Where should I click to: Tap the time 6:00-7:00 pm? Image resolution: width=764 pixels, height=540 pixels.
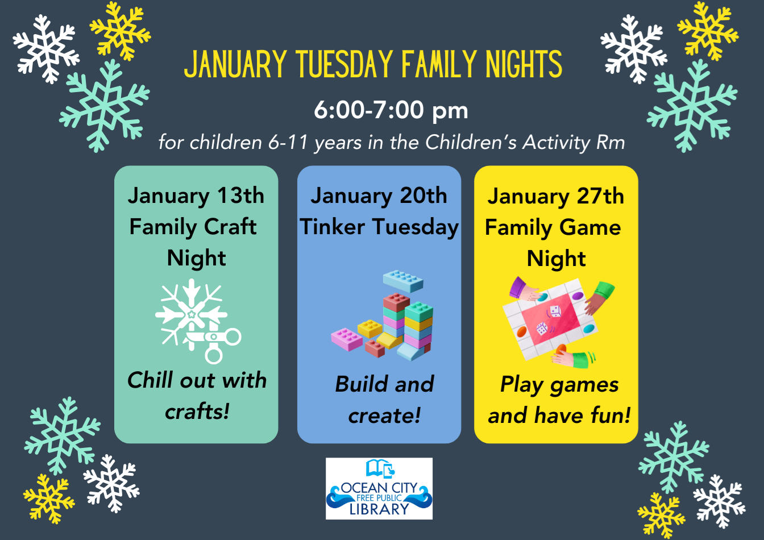391,110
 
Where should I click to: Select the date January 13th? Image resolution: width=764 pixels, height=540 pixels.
196,196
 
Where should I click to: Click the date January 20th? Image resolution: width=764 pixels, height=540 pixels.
379,196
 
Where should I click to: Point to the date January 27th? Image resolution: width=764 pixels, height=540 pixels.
555,197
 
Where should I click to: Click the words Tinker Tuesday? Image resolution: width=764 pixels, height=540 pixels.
379,227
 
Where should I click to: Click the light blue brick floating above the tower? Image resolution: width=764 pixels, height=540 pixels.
403,281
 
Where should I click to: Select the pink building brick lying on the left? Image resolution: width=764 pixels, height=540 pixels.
347,339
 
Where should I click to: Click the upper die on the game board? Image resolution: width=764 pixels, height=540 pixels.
554,311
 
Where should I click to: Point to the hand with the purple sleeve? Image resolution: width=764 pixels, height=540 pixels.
524,289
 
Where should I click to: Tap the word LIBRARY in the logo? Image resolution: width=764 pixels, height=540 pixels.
379,509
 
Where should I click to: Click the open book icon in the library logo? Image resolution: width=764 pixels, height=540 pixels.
377,468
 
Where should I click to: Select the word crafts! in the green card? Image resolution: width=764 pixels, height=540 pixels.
197,412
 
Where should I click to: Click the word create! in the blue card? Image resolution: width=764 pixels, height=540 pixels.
384,416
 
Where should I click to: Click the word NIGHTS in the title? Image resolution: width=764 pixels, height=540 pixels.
524,64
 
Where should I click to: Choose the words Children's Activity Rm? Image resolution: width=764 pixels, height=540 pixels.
525,142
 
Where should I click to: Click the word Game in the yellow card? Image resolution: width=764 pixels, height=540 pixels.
590,227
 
